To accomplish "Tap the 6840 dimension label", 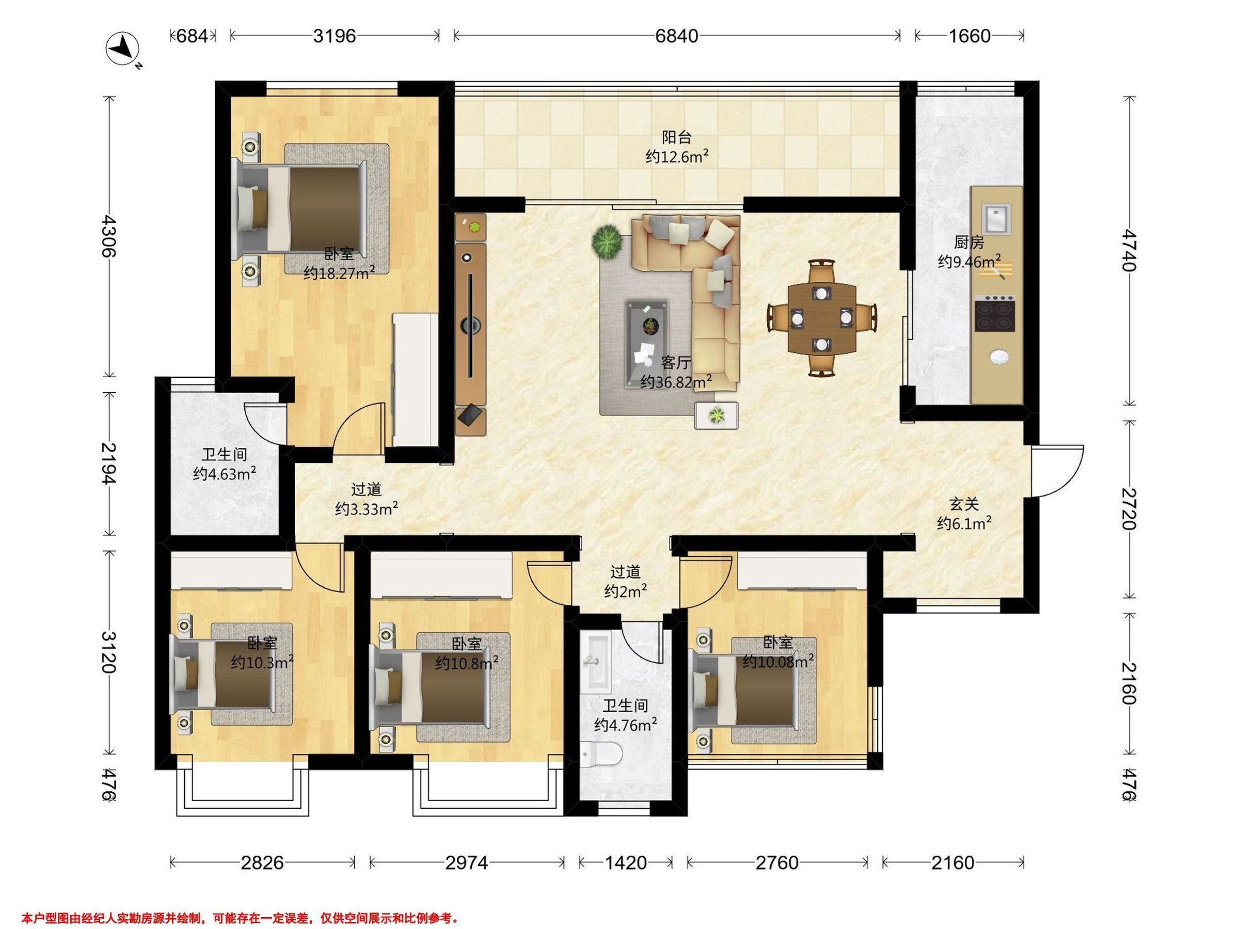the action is (x=677, y=37).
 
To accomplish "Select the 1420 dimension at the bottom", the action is (x=626, y=862).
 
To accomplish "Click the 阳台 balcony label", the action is (x=677, y=137).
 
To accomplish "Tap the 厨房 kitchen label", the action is (x=969, y=243).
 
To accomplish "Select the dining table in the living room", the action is (x=822, y=318).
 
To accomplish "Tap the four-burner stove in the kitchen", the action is (x=995, y=313).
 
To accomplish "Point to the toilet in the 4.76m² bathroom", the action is (x=601, y=754).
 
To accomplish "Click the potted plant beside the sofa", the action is (x=607, y=242).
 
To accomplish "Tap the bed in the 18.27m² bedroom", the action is (x=303, y=208).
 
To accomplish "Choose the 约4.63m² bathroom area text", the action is (x=225, y=474).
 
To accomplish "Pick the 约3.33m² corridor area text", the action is (x=367, y=509).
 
